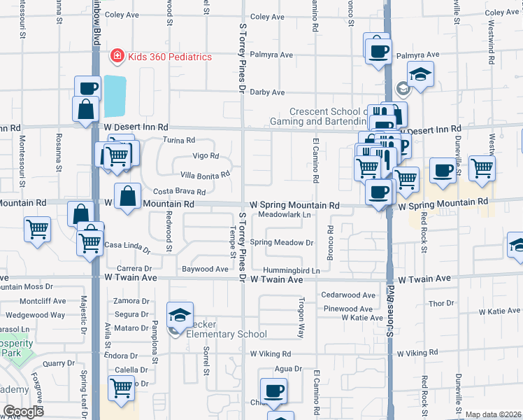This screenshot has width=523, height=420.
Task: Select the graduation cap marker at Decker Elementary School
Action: point(180,316)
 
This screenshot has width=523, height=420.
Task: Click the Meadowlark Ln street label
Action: point(284,216)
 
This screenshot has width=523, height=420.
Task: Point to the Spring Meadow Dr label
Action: point(281,243)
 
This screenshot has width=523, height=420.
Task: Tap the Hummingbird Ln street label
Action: point(291,270)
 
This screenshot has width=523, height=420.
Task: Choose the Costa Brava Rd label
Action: point(179,191)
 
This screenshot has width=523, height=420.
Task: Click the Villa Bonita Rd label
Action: point(205,174)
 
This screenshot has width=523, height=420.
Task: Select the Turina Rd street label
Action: point(178,140)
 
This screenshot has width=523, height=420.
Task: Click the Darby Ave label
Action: point(268,92)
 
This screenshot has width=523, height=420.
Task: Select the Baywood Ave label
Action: point(205,269)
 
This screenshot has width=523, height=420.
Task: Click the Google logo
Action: point(24,411)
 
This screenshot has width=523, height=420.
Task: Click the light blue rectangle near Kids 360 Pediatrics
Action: point(115,97)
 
